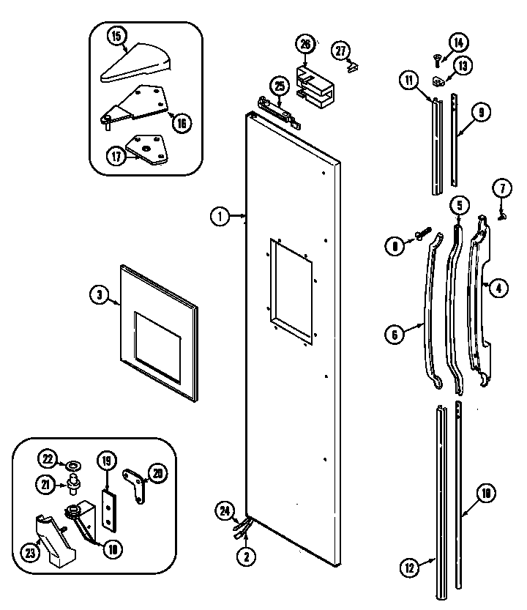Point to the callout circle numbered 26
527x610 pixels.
coord(305,44)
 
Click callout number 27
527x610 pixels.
coord(340,50)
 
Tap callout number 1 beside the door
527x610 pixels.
coord(218,216)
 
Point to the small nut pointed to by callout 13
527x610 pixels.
coord(436,80)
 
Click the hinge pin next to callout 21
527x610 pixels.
coord(74,483)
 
